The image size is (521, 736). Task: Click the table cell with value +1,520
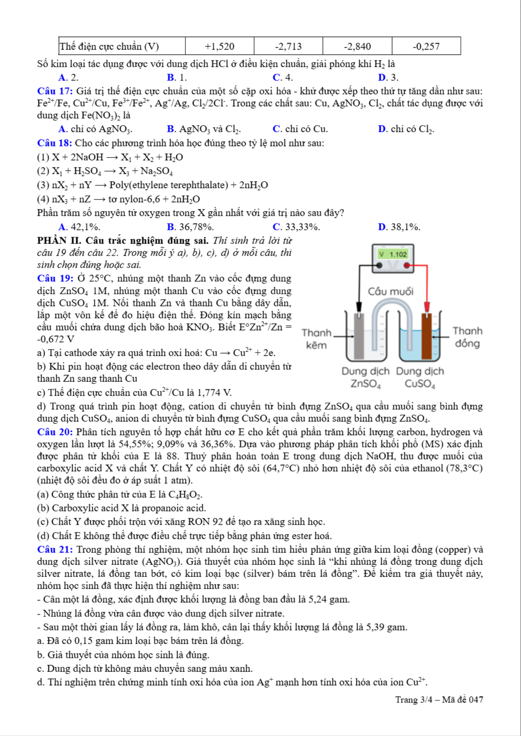(x=219, y=46)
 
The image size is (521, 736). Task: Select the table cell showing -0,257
(x=426, y=46)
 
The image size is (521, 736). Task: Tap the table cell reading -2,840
(x=357, y=46)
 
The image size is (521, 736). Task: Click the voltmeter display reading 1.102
(x=393, y=254)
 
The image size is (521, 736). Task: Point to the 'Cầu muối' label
(x=390, y=291)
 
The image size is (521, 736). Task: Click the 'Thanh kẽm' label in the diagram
(x=316, y=339)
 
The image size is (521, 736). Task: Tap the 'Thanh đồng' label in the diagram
(x=467, y=337)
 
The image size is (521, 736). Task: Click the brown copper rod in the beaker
(x=426, y=336)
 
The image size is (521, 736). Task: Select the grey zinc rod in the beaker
(x=359, y=336)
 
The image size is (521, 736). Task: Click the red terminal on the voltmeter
(x=406, y=266)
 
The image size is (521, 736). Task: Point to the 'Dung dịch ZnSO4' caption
(x=365, y=377)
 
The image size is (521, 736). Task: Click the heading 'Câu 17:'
(x=55, y=91)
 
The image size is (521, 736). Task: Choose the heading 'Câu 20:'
(x=55, y=432)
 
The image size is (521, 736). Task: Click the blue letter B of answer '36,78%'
(x=171, y=227)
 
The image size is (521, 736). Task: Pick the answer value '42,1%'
(x=85, y=227)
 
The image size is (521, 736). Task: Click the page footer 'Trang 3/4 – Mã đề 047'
(x=439, y=700)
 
